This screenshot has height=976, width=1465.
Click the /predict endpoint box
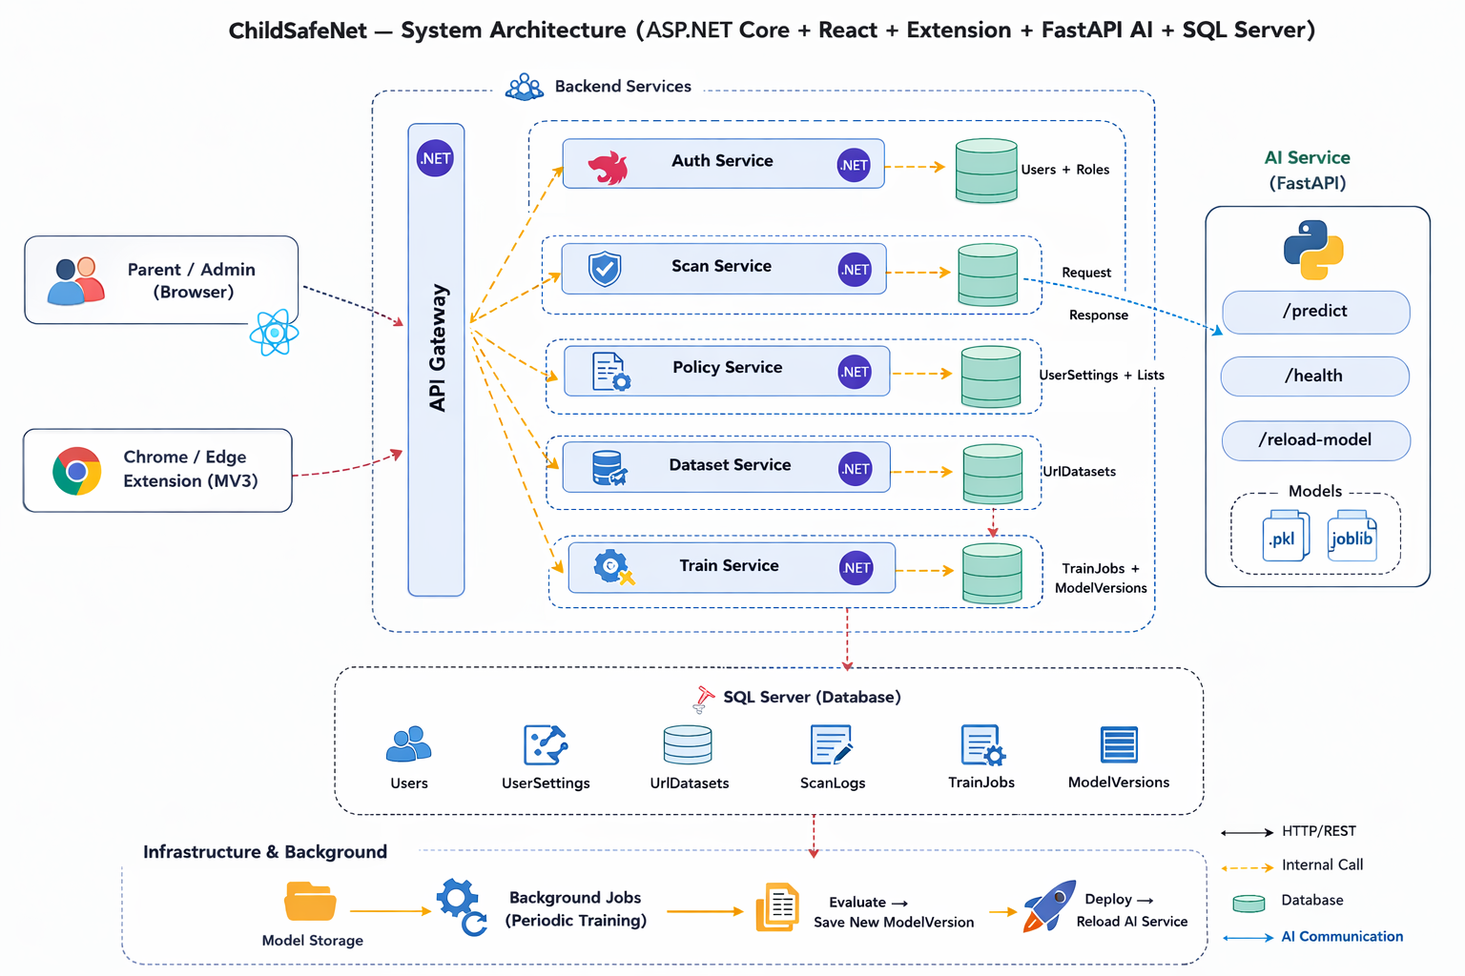[x=1315, y=312]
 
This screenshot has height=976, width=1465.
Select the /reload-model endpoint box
[x=1315, y=440]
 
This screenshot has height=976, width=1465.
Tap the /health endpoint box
[x=1314, y=376]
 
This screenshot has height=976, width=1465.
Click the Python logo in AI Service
[x=1313, y=249]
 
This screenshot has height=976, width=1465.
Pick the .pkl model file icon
[x=1285, y=537]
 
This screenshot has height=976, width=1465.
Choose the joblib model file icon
[x=1352, y=537]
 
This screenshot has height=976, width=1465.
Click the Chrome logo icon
[x=77, y=471]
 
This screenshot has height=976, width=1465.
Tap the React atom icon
[x=274, y=333]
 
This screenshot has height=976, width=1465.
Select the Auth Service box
[x=723, y=163]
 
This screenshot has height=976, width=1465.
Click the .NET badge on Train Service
[x=856, y=568]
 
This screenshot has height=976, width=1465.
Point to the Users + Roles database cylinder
[x=986, y=171]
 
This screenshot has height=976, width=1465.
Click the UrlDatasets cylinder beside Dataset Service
[x=992, y=473]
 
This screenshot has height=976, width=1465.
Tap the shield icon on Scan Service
[x=605, y=269]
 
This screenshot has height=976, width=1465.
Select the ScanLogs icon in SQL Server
[x=831, y=745]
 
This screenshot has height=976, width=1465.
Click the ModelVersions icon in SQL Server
[x=1118, y=744]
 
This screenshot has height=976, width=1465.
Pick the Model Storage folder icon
[x=310, y=902]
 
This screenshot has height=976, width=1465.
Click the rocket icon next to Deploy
[x=1049, y=905]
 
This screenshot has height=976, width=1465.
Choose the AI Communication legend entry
[x=1341, y=937]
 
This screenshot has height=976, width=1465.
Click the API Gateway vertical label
[x=438, y=348]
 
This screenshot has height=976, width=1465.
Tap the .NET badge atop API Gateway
[x=435, y=158]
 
